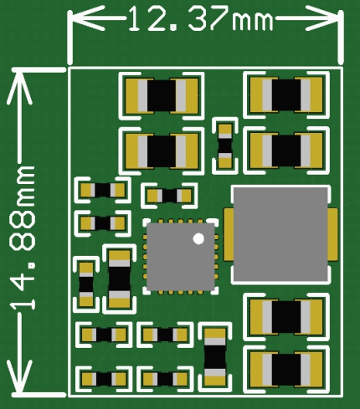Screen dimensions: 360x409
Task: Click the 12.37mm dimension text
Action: pos(200,18)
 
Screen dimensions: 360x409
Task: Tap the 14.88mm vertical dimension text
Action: pos(23,238)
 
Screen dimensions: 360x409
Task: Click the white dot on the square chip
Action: pos(198,238)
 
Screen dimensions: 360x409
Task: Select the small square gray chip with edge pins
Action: pos(181,257)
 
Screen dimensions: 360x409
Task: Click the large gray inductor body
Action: pos(280,234)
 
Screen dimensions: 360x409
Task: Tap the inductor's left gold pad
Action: pos(229,234)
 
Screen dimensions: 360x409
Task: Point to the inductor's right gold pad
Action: pos(332,234)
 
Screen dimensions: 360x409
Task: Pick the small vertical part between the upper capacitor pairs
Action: pos(225,146)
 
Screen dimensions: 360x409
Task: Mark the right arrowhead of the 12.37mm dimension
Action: pos(324,18)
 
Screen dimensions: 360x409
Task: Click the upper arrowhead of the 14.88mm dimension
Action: pos(19,87)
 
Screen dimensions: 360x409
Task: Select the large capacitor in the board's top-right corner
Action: pos(286,95)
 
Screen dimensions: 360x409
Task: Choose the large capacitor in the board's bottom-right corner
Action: pos(286,369)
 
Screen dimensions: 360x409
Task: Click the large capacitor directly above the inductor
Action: pos(286,151)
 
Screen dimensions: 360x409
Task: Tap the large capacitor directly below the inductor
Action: pos(286,316)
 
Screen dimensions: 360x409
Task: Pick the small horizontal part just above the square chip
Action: pos(169,196)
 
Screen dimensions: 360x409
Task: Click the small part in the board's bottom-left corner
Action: pos(104,379)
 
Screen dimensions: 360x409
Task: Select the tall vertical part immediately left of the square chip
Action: pos(119,279)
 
